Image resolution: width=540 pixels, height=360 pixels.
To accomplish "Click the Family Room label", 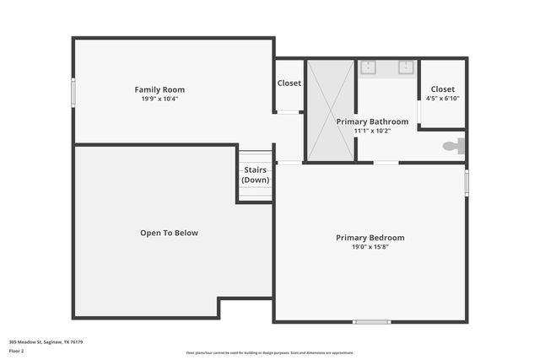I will coord(159,89).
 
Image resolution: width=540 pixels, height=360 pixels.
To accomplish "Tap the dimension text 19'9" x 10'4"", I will coord(159,99).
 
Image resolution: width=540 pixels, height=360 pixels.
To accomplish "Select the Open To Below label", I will coord(169,233).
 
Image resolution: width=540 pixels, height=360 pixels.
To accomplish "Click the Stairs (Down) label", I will coord(255,175).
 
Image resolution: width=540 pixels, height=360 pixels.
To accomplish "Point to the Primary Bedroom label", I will coord(370,238).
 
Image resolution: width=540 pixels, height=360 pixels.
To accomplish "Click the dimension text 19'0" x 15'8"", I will coord(370,247).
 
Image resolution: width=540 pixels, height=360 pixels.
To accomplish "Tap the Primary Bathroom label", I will coord(372,121).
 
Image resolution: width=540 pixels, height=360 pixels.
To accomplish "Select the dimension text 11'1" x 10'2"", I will coord(372,131).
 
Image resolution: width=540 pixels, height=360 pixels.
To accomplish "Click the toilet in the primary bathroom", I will coord(454,146).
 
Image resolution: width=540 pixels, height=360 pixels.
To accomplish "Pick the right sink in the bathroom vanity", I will coord(406,67).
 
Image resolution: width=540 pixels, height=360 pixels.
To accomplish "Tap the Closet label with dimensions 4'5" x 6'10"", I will coord(442,89).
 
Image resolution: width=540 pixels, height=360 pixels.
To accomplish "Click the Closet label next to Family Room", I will coord(289,83).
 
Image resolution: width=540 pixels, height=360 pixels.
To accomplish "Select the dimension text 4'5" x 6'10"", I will coord(442,99).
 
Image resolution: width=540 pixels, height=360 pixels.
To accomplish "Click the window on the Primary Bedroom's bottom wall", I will coord(371,321).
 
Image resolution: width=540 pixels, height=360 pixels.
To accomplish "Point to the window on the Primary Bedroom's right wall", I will coord(467,183).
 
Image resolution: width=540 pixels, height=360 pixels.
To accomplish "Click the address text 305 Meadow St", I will coord(46,342).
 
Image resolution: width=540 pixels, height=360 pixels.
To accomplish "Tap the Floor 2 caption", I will coord(17,351).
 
